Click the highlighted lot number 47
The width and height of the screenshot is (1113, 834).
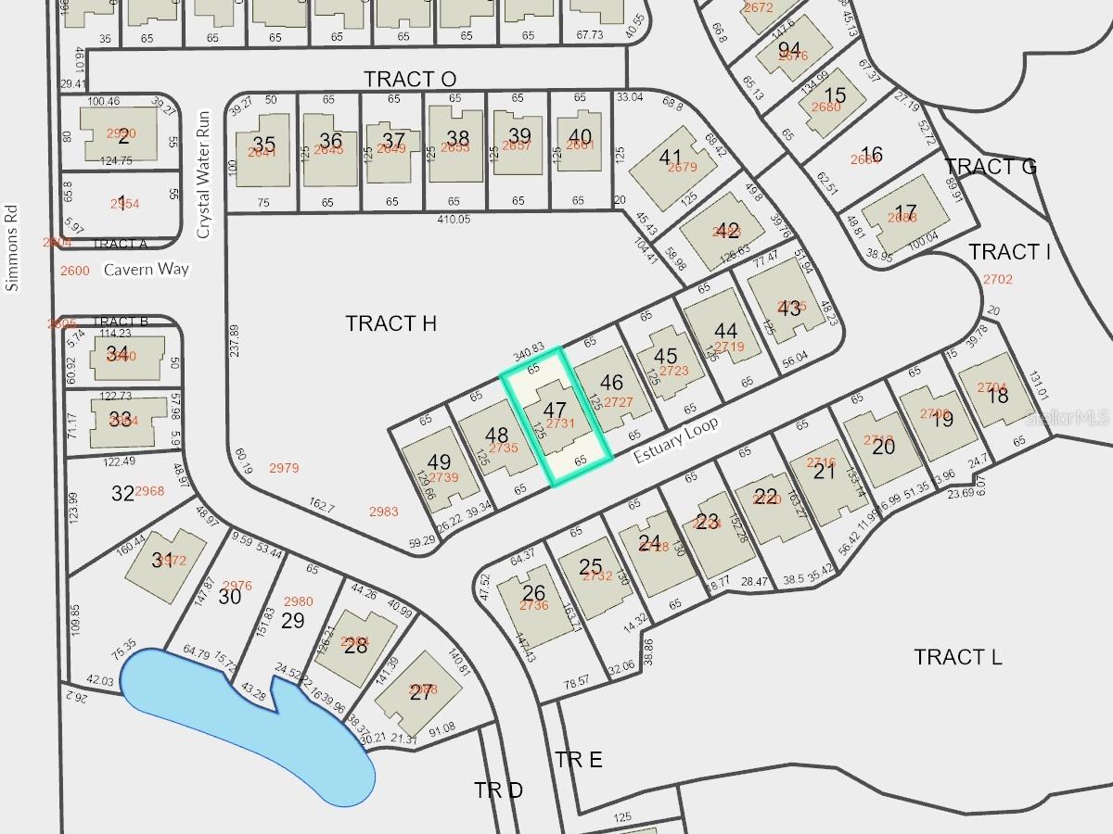click(x=555, y=410)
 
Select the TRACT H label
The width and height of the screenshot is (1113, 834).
click(x=390, y=323)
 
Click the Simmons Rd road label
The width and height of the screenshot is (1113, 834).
click(x=12, y=247)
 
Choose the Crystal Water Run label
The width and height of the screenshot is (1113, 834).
click(x=205, y=175)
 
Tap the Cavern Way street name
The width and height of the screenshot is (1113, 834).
click(x=146, y=270)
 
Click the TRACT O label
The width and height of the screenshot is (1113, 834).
click(x=409, y=79)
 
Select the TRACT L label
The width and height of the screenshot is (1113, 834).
click(x=957, y=657)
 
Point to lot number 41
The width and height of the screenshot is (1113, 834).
click(x=670, y=158)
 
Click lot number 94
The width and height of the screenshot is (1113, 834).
click(x=789, y=49)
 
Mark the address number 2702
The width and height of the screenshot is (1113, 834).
click(x=998, y=279)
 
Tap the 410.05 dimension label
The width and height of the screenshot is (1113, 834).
click(x=453, y=220)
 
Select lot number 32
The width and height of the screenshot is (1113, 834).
click(x=122, y=493)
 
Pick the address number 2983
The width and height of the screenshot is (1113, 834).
click(x=383, y=512)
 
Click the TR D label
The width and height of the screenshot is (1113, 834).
click(x=498, y=790)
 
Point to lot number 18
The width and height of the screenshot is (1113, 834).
click(x=998, y=396)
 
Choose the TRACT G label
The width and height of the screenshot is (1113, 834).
click(x=990, y=167)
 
